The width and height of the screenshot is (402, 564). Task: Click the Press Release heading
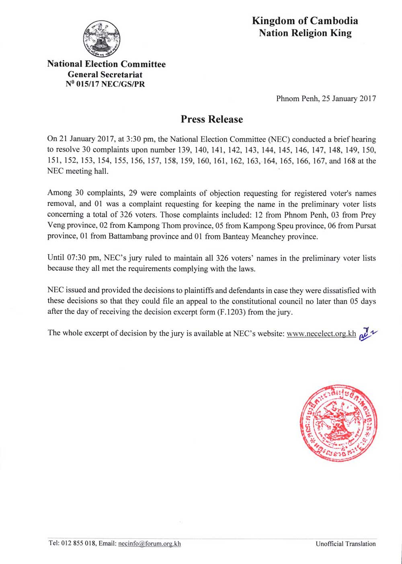[212, 119]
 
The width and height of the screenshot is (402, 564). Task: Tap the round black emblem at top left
[101, 39]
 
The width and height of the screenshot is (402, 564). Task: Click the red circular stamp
[338, 422]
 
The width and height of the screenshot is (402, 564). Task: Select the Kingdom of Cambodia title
[305, 21]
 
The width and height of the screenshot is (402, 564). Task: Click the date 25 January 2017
[349, 99]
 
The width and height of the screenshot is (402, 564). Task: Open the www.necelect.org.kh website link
[321, 333]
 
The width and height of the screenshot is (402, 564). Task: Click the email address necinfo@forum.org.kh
[150, 543]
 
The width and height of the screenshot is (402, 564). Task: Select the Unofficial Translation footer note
[345, 544]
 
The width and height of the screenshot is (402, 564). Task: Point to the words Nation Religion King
[305, 33]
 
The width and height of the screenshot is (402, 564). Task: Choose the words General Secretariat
[105, 74]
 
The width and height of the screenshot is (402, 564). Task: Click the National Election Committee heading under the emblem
[106, 64]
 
